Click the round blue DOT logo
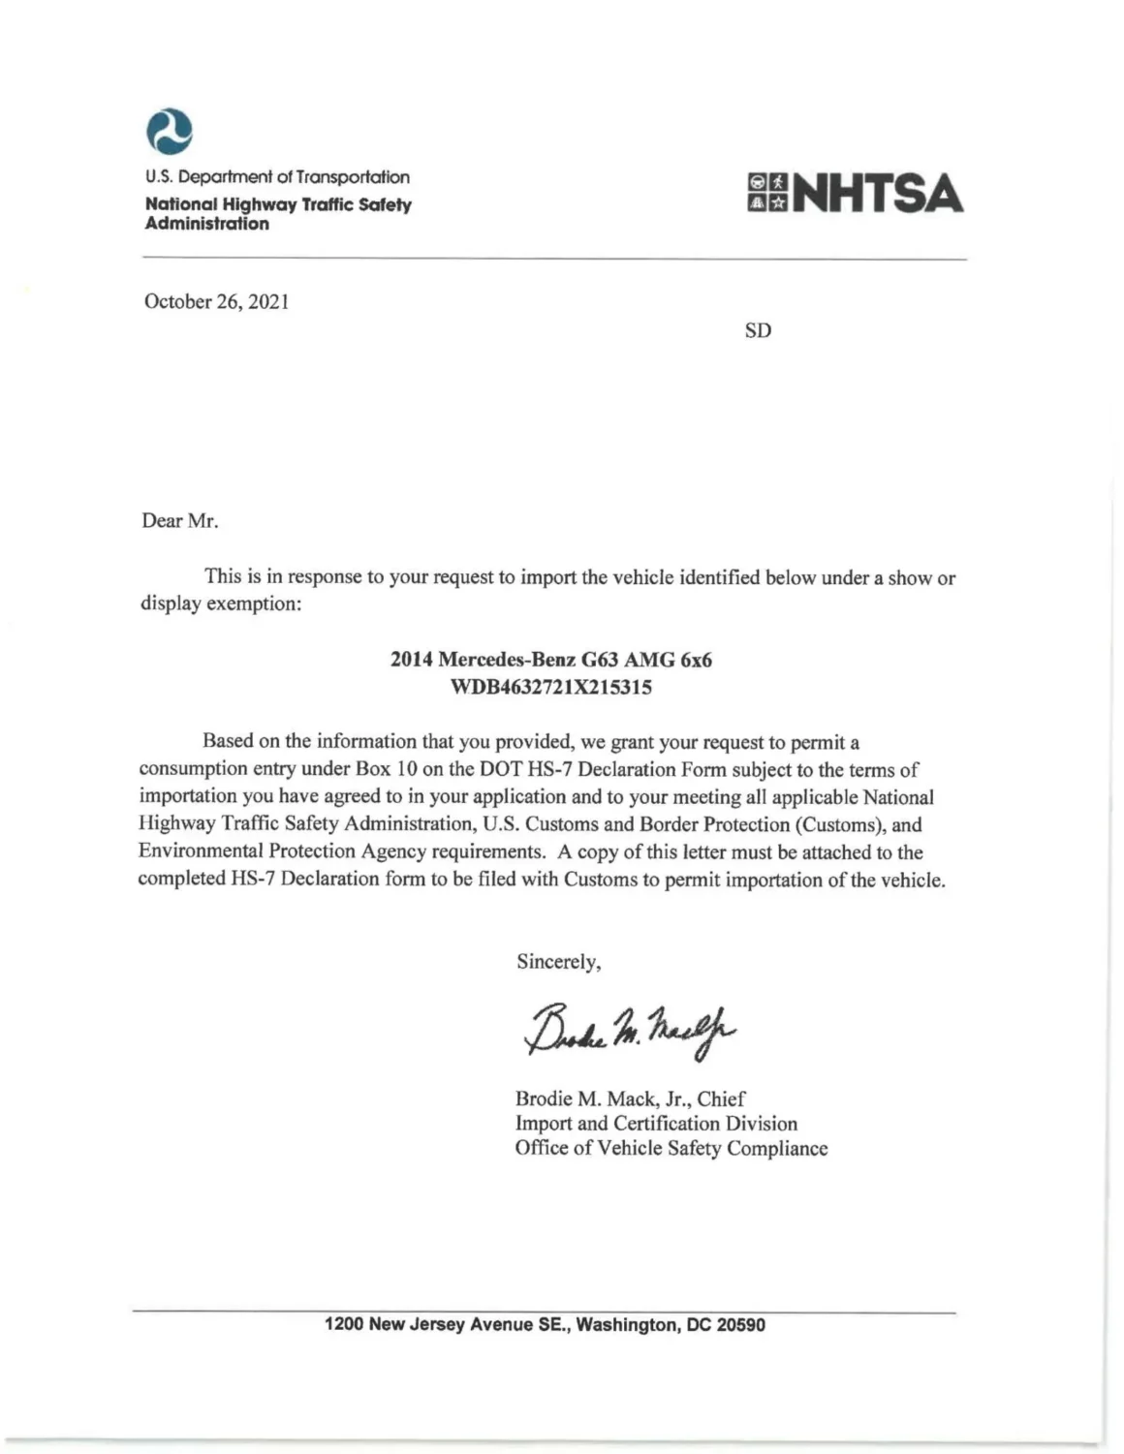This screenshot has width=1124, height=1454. coord(169,131)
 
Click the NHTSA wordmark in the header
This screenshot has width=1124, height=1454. coord(878,193)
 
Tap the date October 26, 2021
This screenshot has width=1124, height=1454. coord(216,301)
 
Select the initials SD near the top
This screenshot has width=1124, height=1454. coord(758,330)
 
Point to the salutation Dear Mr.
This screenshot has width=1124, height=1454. coord(180,521)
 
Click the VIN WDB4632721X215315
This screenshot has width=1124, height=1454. coord(550,688)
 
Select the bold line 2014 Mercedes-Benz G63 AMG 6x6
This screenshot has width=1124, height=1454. coord(550,660)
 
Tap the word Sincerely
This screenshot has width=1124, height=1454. coord(558,962)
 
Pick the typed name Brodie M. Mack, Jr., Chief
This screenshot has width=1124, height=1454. coord(630,1098)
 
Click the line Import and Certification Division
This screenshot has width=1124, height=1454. coord(656,1124)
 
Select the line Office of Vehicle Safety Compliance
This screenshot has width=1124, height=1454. coord(671,1149)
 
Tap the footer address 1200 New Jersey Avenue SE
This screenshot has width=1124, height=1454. coord(545,1324)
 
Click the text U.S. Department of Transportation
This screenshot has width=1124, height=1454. coord(277,177)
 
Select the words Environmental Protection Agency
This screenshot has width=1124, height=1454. coord(282,851)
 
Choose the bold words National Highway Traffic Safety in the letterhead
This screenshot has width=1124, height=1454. coord(278,204)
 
